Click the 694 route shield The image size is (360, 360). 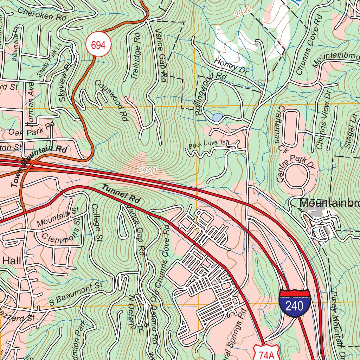point(98,45)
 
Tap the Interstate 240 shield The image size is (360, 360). point(295,303)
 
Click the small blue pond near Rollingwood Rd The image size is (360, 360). point(217,117)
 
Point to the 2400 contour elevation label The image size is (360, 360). point(147,171)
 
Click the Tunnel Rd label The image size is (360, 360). point(121,193)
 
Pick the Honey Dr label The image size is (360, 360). point(231,66)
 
